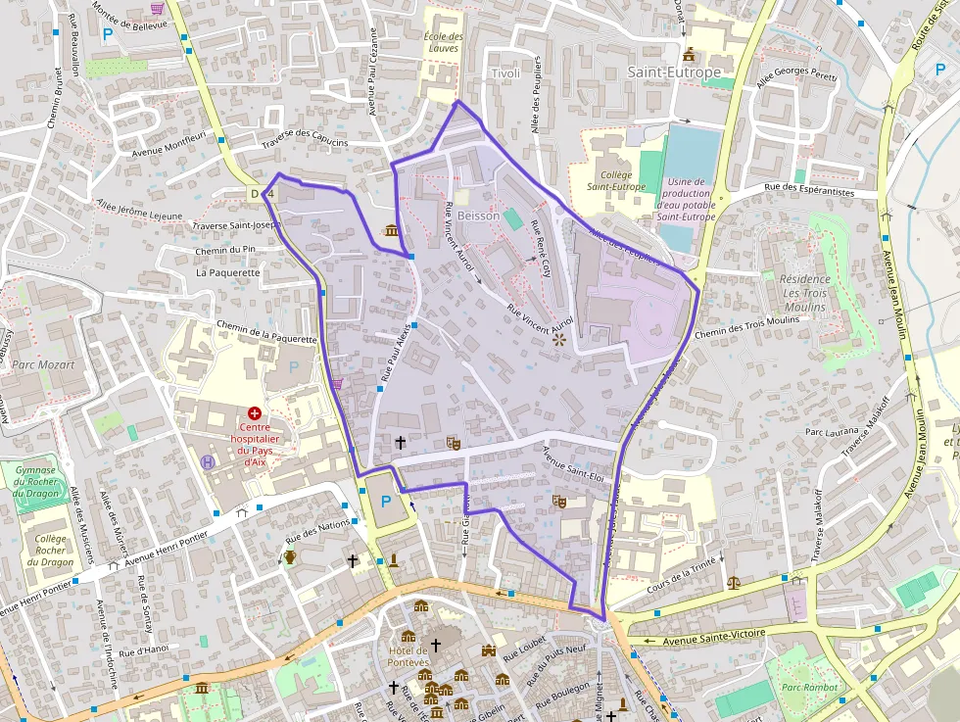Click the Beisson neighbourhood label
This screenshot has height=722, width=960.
coord(478,216)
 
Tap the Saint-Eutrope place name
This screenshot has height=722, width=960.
coord(674,72)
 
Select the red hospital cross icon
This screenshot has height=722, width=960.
coord(255,414)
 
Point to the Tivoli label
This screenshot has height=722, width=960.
coord(505,74)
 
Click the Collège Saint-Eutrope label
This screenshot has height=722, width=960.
coord(616,180)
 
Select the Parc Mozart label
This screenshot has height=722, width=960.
coord(43,364)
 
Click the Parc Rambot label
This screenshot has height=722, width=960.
coord(808,688)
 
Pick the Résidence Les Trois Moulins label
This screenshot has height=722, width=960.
coord(804,293)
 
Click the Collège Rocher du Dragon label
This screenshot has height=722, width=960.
coord(50,551)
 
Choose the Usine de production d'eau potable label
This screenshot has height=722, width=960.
coord(686,199)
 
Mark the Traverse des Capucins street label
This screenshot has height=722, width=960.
coord(305,140)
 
